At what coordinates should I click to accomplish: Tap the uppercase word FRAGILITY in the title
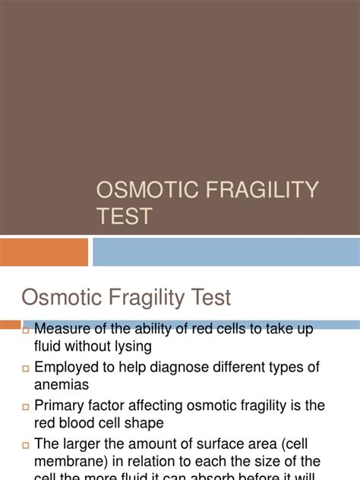coord(262,189)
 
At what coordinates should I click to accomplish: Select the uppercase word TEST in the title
coord(124,216)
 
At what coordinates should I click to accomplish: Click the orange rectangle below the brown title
coord(44,251)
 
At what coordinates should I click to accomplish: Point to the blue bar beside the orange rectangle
coord(226,251)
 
